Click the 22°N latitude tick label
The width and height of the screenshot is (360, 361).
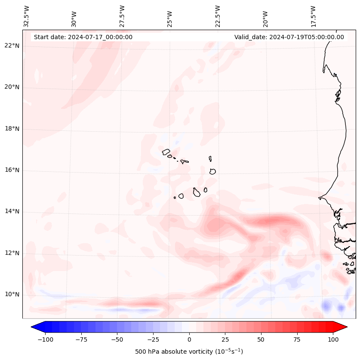12,46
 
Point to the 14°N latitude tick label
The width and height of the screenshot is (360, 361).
12,211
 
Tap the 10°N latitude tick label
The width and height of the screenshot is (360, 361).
12,294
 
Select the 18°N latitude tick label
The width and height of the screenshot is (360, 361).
12,129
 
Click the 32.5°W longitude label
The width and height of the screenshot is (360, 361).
27,16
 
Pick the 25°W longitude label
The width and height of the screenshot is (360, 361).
170,18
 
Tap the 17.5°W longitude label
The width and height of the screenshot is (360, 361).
313,16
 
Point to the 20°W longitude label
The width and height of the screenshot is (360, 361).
265,18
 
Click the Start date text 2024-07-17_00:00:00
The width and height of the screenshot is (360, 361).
83,37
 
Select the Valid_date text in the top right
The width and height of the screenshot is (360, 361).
289,37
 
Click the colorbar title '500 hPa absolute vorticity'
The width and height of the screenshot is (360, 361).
189,352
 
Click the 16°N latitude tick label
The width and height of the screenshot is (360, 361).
12,170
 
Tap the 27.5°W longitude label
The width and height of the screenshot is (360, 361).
122,16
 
